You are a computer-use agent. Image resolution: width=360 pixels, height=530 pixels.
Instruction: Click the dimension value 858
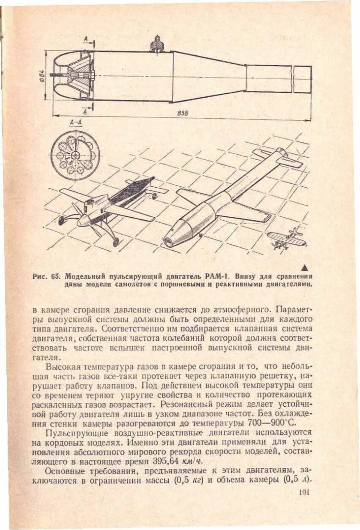[x=182, y=113]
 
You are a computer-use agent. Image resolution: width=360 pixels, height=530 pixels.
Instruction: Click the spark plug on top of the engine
[x=158, y=44]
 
